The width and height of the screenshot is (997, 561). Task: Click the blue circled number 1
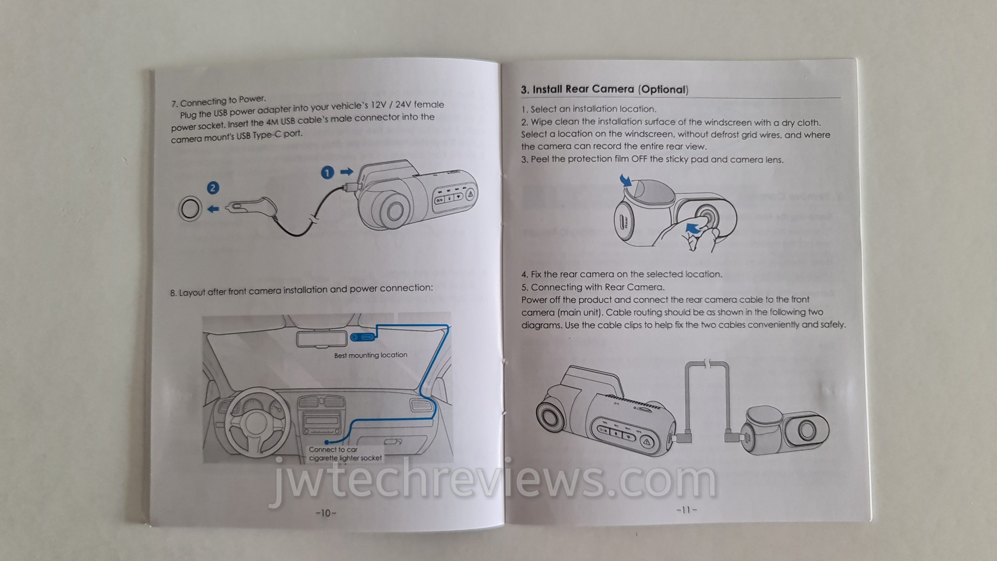coord(328,172)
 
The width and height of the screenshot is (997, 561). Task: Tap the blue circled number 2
coord(213,188)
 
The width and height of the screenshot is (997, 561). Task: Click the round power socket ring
coord(190,210)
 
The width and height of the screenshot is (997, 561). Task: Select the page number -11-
coord(687,509)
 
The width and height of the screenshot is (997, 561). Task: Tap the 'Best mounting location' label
coord(370,355)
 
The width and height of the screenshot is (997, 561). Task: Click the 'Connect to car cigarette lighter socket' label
coord(345,454)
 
